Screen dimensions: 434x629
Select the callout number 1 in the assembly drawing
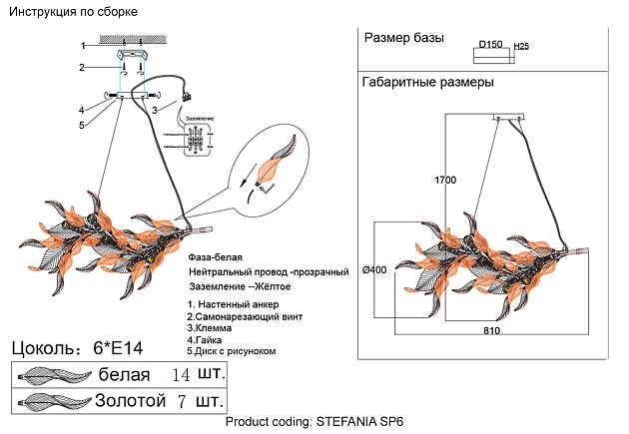click(x=84, y=46)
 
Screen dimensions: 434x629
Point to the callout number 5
click(x=84, y=125)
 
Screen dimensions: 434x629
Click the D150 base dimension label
click(x=490, y=45)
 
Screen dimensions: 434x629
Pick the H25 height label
click(x=521, y=46)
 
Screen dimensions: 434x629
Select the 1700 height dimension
click(x=445, y=181)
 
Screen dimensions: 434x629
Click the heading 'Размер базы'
click(x=405, y=40)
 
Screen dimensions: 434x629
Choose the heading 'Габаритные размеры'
click(x=428, y=83)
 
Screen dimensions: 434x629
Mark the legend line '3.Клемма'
click(x=214, y=327)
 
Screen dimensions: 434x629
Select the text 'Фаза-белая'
click(x=215, y=257)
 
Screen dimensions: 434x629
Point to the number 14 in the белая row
click(x=181, y=375)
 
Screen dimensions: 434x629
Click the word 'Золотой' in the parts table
click(x=128, y=403)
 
